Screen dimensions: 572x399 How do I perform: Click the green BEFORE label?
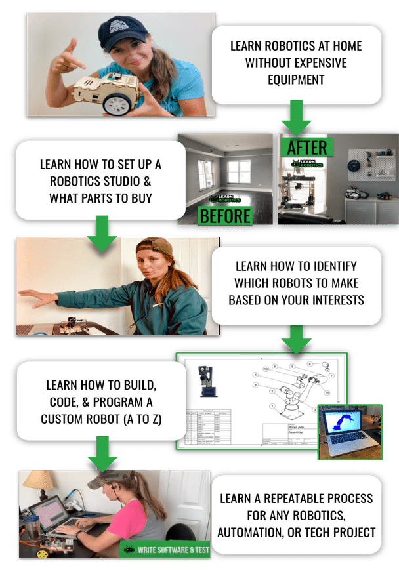tap(224, 215)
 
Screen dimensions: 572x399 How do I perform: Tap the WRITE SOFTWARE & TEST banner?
tap(165, 549)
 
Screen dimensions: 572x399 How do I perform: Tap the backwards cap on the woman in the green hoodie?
tap(153, 249)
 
